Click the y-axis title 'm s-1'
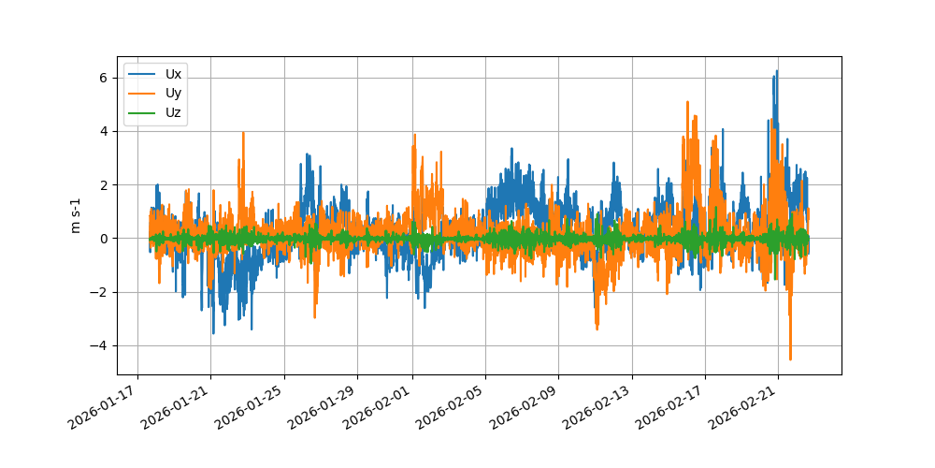pos(76,215)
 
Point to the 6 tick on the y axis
pos(105,78)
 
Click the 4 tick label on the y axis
pos(105,131)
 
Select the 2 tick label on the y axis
pos(105,184)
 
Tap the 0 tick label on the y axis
pos(105,239)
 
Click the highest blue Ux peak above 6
pos(777,71)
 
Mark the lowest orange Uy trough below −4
pos(790,358)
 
